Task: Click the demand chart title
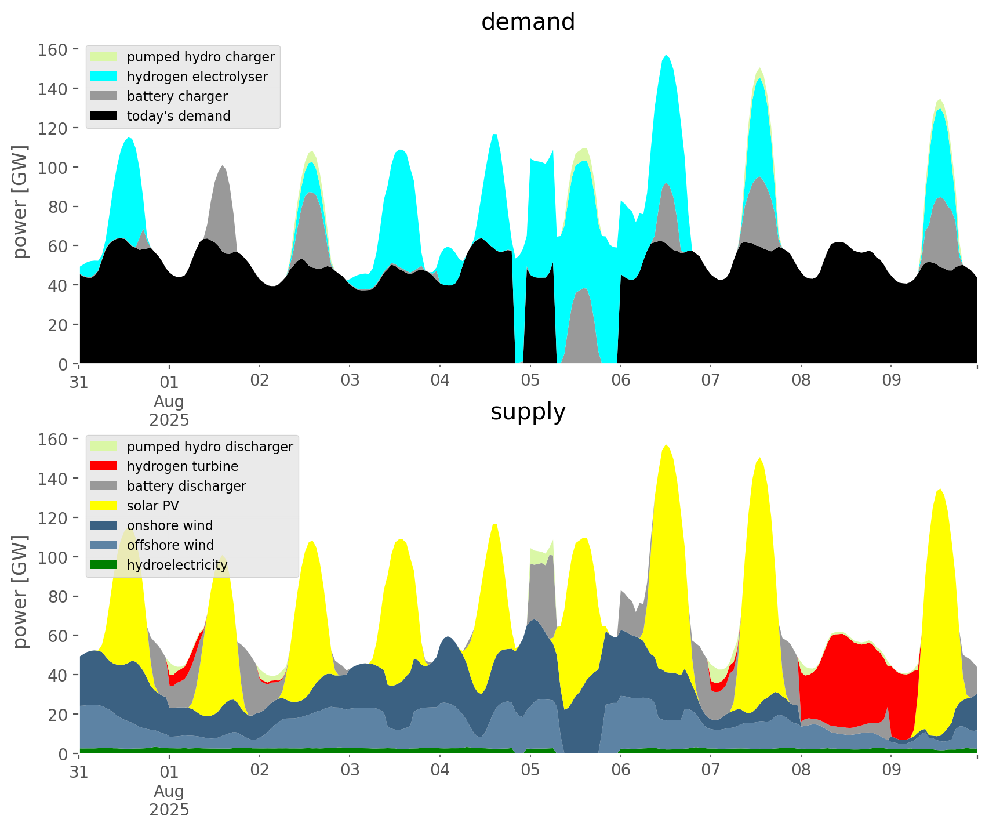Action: [x=528, y=22]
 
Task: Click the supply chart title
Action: [x=528, y=412]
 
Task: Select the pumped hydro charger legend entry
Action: [x=200, y=57]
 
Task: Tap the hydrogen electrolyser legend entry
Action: [x=197, y=77]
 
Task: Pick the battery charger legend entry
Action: [x=177, y=96]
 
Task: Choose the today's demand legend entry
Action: [x=178, y=116]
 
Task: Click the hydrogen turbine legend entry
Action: [x=182, y=466]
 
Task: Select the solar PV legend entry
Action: [x=152, y=506]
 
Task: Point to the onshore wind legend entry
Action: [x=169, y=525]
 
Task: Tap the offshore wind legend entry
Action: [x=170, y=545]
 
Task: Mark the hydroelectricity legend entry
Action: [x=177, y=565]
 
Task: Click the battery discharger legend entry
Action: [x=186, y=486]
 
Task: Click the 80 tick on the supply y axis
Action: [x=58, y=596]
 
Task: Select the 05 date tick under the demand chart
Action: [x=530, y=381]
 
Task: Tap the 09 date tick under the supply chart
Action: [x=891, y=771]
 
